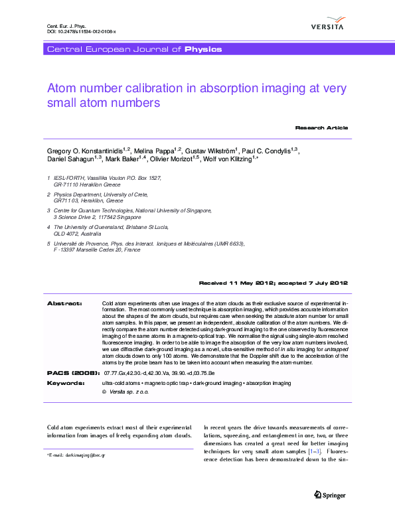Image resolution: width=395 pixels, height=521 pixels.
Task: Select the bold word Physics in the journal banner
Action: point(203,49)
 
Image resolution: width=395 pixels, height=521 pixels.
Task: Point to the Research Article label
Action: point(321,127)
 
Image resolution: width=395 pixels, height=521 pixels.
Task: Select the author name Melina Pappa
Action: point(158,151)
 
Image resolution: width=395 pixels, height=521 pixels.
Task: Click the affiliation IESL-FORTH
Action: point(69,179)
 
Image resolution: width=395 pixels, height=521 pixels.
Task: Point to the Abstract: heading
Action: point(64,303)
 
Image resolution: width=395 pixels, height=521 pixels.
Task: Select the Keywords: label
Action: point(65,384)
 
